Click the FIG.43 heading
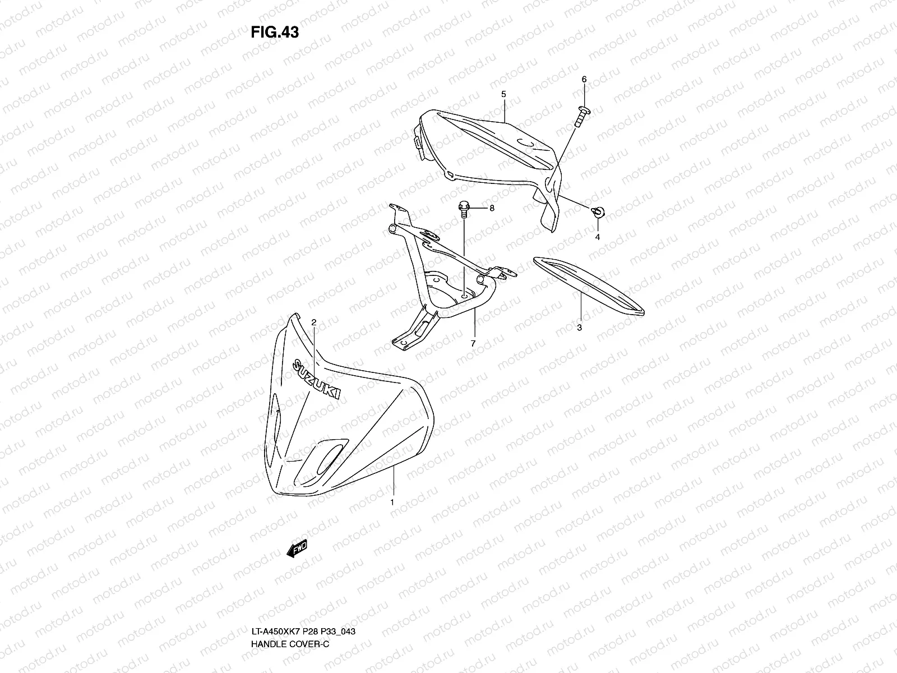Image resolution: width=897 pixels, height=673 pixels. click(x=275, y=33)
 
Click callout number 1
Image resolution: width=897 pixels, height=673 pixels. click(x=392, y=502)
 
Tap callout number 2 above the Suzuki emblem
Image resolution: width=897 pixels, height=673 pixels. click(x=314, y=322)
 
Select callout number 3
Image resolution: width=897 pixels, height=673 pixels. click(x=580, y=328)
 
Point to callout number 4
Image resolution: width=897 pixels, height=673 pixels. click(x=598, y=237)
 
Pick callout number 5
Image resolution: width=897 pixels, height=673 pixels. click(x=503, y=94)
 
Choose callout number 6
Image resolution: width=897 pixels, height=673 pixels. click(x=584, y=80)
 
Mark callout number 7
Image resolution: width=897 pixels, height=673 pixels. click(x=473, y=343)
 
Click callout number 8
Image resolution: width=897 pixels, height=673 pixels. click(x=492, y=208)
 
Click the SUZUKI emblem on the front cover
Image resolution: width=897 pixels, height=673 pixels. click(x=315, y=379)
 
